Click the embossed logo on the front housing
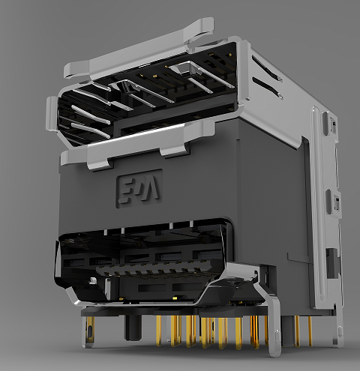point(139,188)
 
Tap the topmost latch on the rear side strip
point(328,124)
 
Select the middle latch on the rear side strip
point(336,201)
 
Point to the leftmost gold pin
point(159,330)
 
